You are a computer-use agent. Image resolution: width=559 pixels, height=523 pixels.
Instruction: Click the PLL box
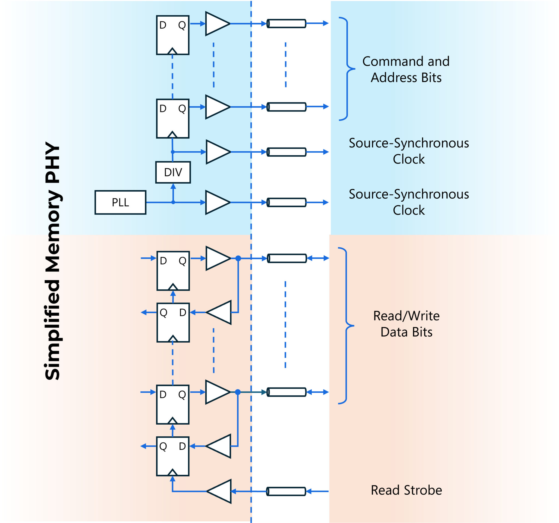[120, 202]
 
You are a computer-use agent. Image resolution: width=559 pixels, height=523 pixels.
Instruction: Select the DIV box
[173, 172]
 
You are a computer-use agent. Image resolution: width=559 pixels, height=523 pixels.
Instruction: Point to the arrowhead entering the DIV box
[173, 186]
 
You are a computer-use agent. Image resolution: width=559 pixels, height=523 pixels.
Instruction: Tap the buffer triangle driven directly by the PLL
[217, 202]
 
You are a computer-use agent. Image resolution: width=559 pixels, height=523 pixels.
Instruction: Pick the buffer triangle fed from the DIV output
[217, 152]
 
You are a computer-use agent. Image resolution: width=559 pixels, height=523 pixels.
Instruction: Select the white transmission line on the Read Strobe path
[286, 492]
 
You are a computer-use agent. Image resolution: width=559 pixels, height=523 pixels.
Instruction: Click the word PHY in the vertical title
[53, 163]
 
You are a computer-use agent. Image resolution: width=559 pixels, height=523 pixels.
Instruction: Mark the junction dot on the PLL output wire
[173, 202]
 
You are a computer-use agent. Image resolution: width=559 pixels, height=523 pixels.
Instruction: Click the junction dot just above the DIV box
[173, 152]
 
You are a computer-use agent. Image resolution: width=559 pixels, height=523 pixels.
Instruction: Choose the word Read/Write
[406, 316]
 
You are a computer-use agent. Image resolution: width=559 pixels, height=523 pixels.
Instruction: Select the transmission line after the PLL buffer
[286, 202]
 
